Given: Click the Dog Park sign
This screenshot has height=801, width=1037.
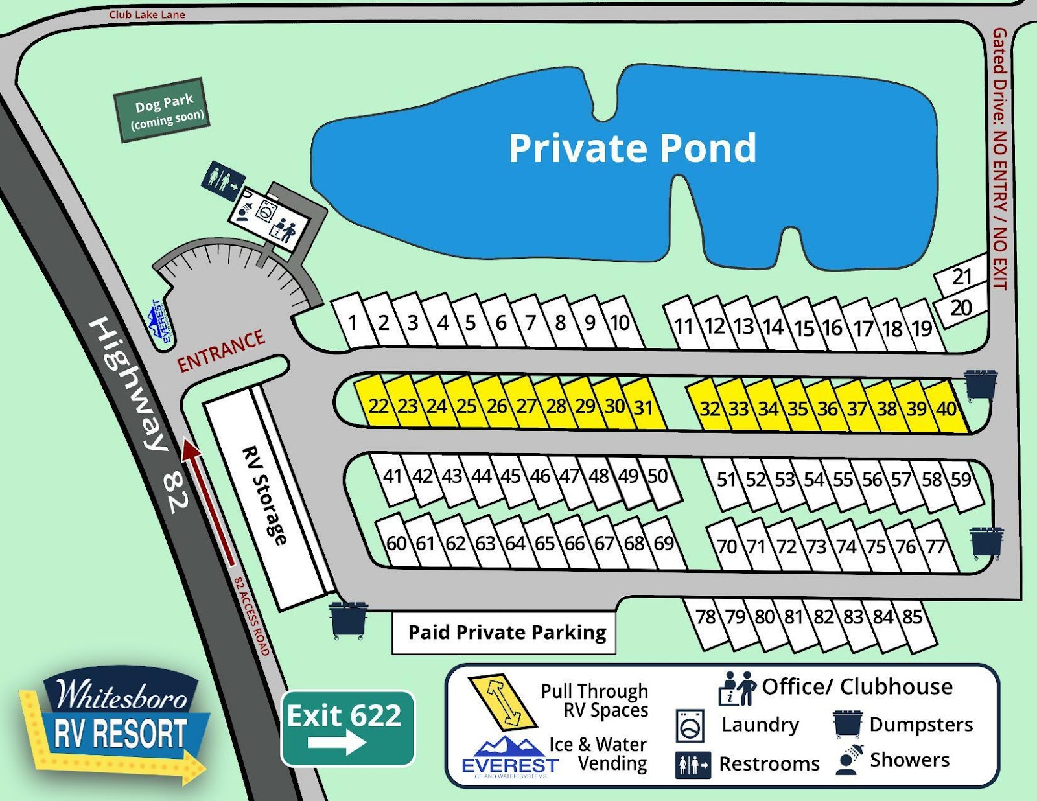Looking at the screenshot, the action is (162, 110).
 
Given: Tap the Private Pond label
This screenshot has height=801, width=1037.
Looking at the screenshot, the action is (632, 148).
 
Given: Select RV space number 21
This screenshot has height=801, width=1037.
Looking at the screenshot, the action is (962, 277).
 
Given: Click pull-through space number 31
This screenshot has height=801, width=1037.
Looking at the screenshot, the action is (643, 408).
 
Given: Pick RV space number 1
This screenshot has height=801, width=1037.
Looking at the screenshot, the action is (352, 322).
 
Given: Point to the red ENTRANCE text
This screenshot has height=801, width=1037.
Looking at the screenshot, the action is (221, 351).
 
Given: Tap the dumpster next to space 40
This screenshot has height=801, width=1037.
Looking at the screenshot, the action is (980, 385).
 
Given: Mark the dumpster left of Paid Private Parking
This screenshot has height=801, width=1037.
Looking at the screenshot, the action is (349, 620).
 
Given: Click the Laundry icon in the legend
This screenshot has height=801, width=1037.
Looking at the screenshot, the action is (690, 725).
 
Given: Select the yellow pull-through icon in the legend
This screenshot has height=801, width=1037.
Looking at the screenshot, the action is (502, 702).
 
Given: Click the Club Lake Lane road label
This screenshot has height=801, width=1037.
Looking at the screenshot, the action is (147, 14).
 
